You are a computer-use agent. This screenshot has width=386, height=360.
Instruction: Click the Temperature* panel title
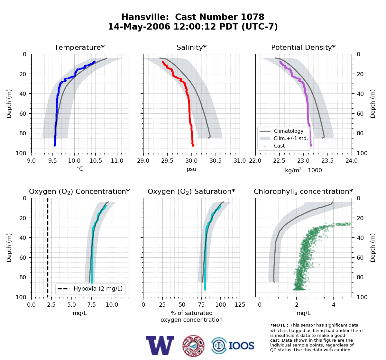[79, 47]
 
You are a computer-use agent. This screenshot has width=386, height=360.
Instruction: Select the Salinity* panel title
[191, 47]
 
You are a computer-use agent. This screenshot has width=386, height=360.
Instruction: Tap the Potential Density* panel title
[303, 47]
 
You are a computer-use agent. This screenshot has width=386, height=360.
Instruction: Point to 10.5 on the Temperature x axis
[96, 161]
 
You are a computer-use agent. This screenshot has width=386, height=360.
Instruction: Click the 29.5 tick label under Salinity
[167, 161]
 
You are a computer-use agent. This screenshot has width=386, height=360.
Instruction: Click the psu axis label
[191, 169]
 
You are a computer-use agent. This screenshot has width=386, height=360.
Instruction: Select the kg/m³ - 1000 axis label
[303, 170]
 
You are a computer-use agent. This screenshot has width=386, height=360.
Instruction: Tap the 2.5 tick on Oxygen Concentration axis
[51, 305]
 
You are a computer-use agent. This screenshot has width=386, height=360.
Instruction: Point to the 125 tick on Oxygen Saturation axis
[240, 305]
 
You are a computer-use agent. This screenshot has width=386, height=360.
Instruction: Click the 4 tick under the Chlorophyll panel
[334, 305]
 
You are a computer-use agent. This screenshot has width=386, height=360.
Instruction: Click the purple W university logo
[160, 346]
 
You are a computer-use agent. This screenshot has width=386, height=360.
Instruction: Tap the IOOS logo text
[241, 346]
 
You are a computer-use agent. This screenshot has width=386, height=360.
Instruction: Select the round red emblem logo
[193, 346]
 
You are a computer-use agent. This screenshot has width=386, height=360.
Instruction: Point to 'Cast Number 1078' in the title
[220, 17]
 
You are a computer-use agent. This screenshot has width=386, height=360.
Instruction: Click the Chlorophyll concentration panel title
[303, 192]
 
